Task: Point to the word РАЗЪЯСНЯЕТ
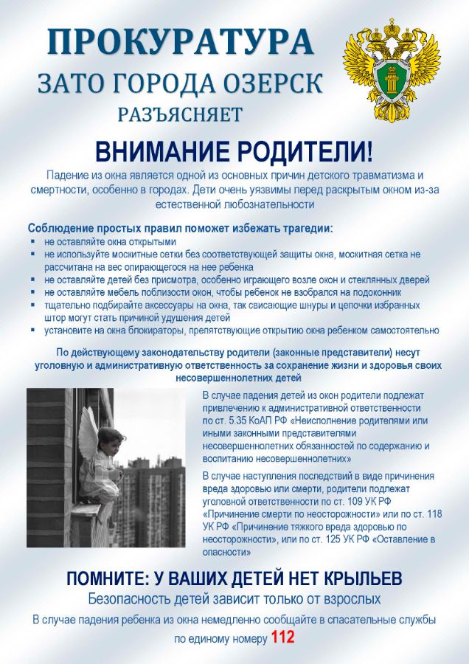[x=180, y=114]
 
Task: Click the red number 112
[x=283, y=638]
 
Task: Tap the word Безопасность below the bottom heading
[x=133, y=598]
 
